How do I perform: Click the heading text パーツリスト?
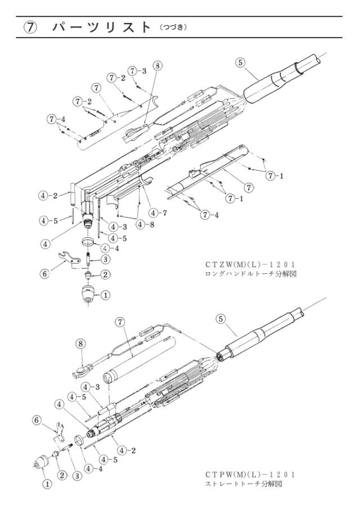[x=102, y=27]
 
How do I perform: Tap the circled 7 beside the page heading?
[x=29, y=28]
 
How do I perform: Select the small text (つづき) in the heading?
[x=173, y=28]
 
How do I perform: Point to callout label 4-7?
[x=159, y=213]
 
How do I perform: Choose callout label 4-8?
[x=146, y=224]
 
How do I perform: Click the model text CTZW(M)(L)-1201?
[x=250, y=265]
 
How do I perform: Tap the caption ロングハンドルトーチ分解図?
[x=250, y=274]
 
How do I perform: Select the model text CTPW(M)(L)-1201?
[x=250, y=475]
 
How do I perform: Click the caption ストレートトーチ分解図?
[x=244, y=484]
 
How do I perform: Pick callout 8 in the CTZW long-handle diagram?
[x=157, y=66]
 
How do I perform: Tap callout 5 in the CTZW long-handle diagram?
[x=240, y=62]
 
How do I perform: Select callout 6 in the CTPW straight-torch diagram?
[x=37, y=420]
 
